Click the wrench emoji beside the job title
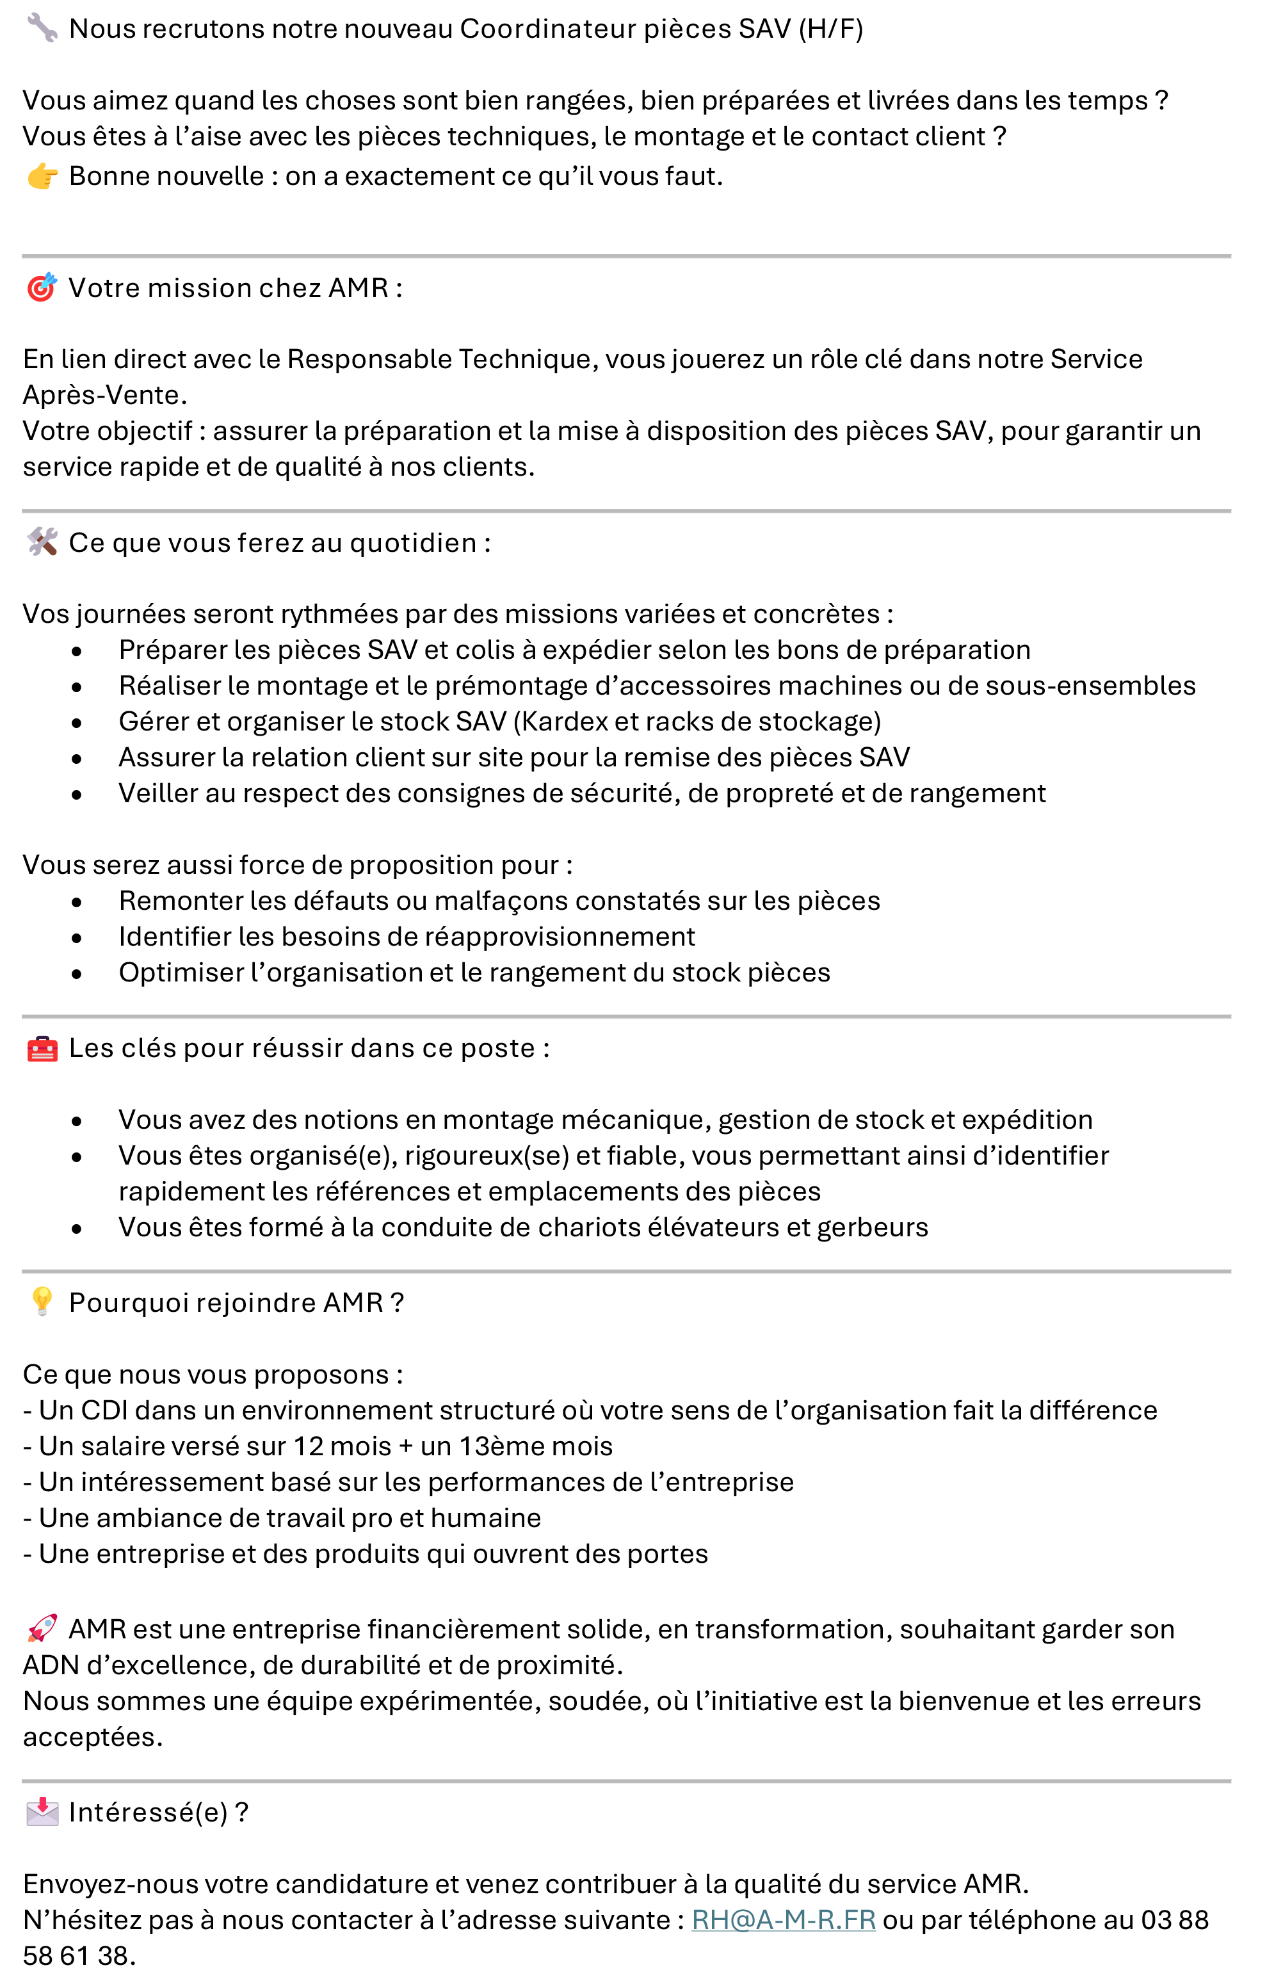pyautogui.click(x=42, y=28)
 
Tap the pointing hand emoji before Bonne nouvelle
pyautogui.click(x=42, y=176)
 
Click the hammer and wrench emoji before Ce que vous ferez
pyautogui.click(x=42, y=543)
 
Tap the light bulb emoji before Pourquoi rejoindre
pyautogui.click(x=42, y=1302)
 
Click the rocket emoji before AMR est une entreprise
pyautogui.click(x=42, y=1629)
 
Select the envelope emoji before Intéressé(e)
pyautogui.click(x=42, y=1813)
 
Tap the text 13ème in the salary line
pyautogui.click(x=499, y=1446)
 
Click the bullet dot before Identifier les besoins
pyautogui.click(x=77, y=938)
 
